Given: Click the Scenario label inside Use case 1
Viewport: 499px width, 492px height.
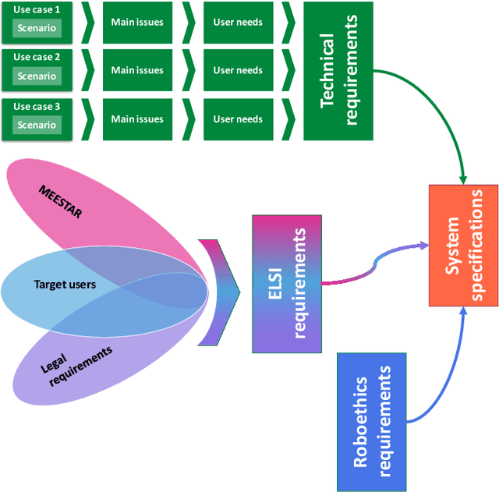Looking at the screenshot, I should pos(37,29).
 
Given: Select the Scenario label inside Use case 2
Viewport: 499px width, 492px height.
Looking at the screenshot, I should pos(37,76).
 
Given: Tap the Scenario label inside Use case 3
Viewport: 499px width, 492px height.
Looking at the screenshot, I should pos(37,125).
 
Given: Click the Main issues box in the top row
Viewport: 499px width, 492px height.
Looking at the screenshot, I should pos(137,22).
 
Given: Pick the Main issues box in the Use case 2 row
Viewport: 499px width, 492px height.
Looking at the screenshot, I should pos(137,70).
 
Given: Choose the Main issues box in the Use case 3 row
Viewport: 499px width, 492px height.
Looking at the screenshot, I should pos(137,119).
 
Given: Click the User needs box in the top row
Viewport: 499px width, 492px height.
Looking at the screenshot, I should pos(238,22).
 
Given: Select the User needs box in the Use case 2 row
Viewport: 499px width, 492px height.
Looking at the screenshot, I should pos(238,70).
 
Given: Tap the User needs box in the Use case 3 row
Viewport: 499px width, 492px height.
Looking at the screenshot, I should pos(238,119).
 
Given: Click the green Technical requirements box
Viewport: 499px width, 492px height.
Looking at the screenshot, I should pos(338,70).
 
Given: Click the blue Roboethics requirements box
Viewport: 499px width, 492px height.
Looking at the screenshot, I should pos(371,422).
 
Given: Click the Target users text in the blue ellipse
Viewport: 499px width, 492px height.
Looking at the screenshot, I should pos(65,285).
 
